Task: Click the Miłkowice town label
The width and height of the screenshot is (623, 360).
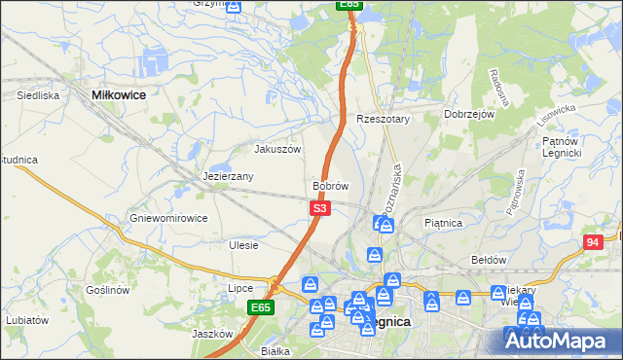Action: pyautogui.click(x=118, y=95)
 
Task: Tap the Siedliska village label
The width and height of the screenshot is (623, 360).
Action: pyautogui.click(x=39, y=95)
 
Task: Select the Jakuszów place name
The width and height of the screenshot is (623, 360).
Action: pyautogui.click(x=277, y=149)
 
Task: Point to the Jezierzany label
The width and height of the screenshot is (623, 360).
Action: pyautogui.click(x=229, y=176)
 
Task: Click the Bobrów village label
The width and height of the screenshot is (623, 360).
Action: pyautogui.click(x=330, y=185)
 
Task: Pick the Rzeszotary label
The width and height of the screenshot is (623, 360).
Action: pyautogui.click(x=384, y=119)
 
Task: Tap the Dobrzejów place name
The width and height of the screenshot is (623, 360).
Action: pyautogui.click(x=470, y=114)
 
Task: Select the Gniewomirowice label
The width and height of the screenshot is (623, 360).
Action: pyautogui.click(x=168, y=218)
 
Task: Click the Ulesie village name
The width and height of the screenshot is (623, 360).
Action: pyautogui.click(x=243, y=245)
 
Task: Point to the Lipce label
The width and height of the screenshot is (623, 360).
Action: pyautogui.click(x=240, y=288)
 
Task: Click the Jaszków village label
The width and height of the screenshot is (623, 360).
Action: pyautogui.click(x=213, y=333)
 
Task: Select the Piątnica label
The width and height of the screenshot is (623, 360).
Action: pyautogui.click(x=444, y=223)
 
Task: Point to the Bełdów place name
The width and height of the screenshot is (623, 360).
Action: pyautogui.click(x=490, y=260)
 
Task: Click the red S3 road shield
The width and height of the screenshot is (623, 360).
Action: pyautogui.click(x=321, y=208)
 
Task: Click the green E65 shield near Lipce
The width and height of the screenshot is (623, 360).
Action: pyautogui.click(x=259, y=307)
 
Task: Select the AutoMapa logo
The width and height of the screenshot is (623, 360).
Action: pyautogui.click(x=560, y=341)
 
